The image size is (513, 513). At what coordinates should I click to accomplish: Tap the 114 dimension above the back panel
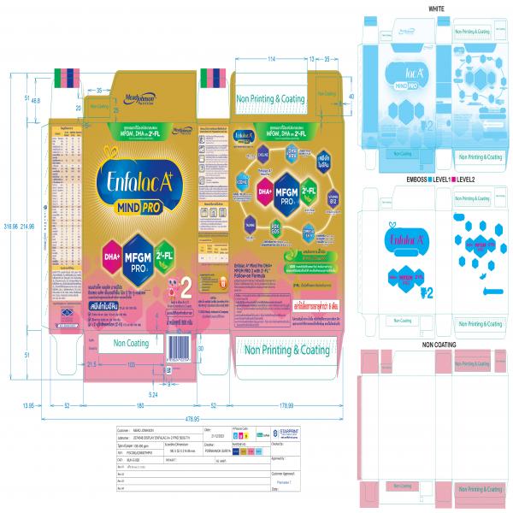[x=271, y=59]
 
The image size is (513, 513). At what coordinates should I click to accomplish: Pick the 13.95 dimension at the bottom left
[x=29, y=405]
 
